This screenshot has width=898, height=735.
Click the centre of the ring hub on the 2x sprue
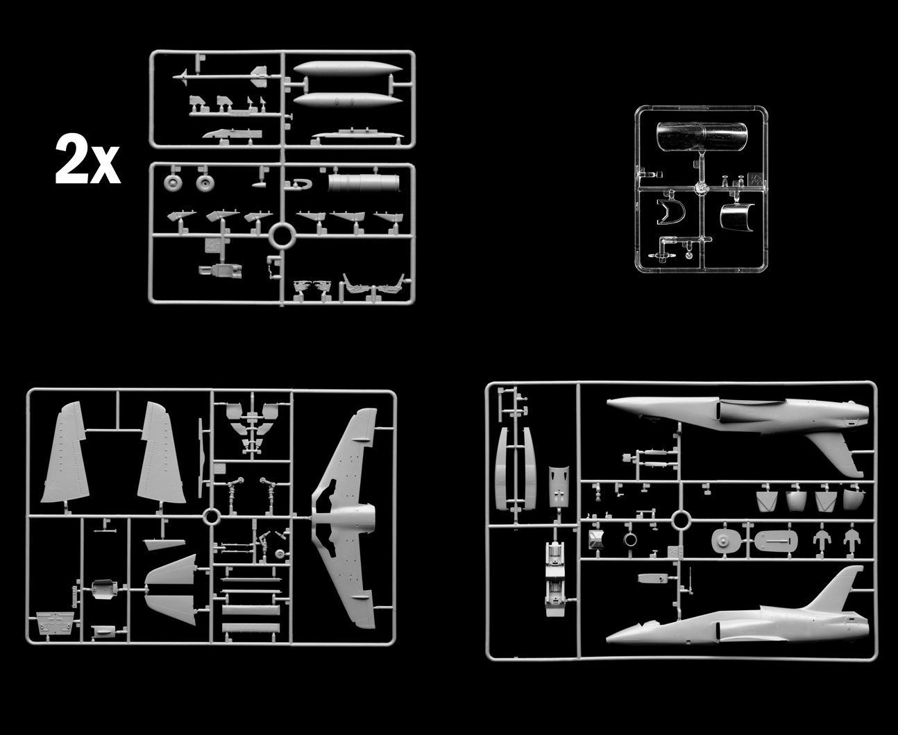coord(282,236)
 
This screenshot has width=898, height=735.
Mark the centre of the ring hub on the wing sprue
coord(212,517)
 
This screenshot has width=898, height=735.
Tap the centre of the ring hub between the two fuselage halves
coord(681,520)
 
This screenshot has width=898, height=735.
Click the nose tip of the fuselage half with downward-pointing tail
coord(607,400)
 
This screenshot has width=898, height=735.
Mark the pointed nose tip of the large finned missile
coord(173,78)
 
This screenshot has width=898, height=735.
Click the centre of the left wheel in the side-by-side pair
coord(173,183)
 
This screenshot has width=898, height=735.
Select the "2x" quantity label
coord(87,158)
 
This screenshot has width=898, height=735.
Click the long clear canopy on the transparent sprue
coord(702,137)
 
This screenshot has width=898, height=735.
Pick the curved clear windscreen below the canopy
coord(737,217)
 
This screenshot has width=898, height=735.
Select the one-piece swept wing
coord(344,518)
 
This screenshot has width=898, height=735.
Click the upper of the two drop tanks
coord(348,69)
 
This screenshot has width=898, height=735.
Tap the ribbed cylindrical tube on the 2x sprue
coord(364,183)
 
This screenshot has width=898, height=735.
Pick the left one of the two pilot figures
coord(822,540)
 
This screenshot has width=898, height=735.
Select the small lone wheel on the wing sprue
coord(280,554)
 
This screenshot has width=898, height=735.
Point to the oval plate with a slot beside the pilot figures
coord(776,541)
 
